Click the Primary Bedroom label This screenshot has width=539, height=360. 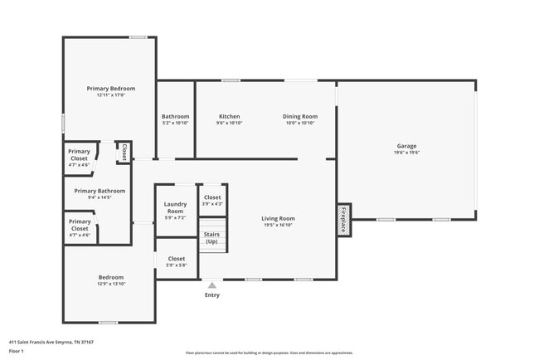click(x=111, y=88)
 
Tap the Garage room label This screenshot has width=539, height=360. click(x=406, y=146)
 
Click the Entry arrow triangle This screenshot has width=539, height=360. click(x=212, y=285)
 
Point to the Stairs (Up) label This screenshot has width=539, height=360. click(x=212, y=238)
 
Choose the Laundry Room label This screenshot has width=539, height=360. click(x=175, y=207)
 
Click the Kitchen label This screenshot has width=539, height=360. click(x=229, y=116)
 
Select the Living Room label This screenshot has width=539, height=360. click(x=279, y=218)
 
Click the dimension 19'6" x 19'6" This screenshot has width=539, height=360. click(x=406, y=153)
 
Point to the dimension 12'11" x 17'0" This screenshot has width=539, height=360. click(x=111, y=95)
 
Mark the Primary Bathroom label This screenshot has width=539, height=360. click(x=100, y=191)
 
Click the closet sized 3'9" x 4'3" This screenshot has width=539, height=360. click(x=212, y=200)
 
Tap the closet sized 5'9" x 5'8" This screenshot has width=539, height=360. click(x=177, y=261)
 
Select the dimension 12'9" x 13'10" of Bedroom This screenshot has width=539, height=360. click(x=111, y=285)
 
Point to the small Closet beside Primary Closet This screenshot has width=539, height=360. click(x=124, y=152)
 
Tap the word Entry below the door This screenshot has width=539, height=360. click(x=212, y=294)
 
